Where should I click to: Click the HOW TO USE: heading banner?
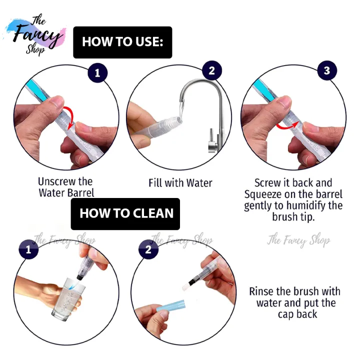122,42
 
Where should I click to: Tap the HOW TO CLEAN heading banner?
126,213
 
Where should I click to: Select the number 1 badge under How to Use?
97,73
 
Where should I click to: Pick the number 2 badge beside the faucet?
211,70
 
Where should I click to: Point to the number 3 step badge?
326,70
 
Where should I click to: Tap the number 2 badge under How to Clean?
148,249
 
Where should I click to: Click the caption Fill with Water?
180,183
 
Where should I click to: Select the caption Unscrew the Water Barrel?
66,187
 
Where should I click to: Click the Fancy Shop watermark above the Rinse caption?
298,240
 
